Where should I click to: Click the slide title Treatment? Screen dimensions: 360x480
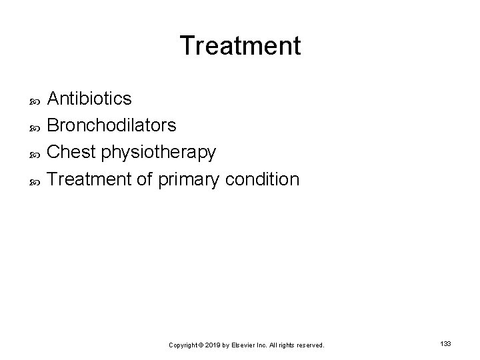[240, 46]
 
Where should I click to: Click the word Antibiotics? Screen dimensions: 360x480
[89, 99]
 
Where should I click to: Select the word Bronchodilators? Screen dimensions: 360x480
[112, 125]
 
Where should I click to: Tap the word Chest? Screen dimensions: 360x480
[71, 152]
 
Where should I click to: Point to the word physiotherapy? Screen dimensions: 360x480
[158, 153]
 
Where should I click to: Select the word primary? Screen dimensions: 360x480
[188, 179]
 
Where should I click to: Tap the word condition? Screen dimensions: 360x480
[263, 179]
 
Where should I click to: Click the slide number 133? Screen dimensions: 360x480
[446, 343]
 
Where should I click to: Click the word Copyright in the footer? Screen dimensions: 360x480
[183, 345]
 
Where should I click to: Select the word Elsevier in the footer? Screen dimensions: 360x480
[246, 345]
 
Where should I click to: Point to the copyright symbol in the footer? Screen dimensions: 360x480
[201, 345]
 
